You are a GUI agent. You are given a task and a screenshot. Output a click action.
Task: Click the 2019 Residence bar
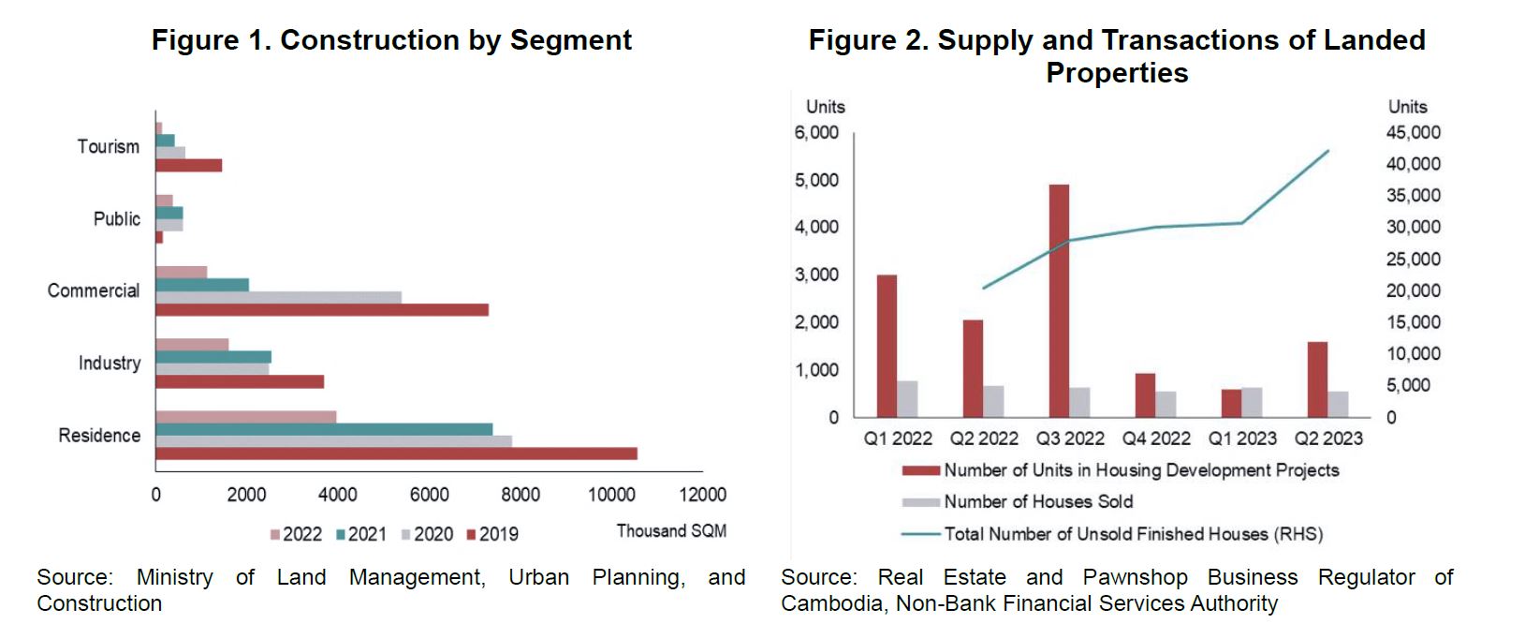tap(396, 453)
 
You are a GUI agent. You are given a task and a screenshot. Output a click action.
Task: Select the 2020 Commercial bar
tap(278, 297)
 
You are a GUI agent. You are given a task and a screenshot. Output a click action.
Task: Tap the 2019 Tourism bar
tap(188, 166)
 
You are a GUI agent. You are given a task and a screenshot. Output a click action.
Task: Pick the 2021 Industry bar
tap(213, 357)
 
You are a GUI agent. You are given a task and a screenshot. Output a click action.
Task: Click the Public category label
tap(117, 219)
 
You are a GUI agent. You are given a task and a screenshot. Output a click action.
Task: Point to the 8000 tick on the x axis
tap(520, 495)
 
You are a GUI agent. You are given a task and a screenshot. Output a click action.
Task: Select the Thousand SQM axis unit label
tap(671, 531)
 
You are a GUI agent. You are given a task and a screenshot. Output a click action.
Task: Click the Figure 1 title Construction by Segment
tap(391, 40)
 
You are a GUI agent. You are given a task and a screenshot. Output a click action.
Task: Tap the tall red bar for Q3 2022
tap(1059, 301)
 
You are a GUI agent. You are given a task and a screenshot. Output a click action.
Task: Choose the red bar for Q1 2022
tap(887, 346)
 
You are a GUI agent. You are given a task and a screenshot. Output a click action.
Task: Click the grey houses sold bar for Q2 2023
tap(1339, 404)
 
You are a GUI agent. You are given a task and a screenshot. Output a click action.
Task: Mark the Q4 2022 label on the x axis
tap(1156, 438)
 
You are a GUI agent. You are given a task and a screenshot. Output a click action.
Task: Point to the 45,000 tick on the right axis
tap(1413, 132)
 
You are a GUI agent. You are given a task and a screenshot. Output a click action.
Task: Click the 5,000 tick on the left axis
tap(816, 180)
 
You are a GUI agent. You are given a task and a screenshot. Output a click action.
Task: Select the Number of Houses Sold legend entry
tap(1037, 502)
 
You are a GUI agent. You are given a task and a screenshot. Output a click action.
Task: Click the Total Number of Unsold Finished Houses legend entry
tap(1133, 534)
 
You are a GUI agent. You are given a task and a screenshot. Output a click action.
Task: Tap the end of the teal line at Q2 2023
tap(1328, 151)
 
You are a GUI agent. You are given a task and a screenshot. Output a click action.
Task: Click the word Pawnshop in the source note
tap(1135, 577)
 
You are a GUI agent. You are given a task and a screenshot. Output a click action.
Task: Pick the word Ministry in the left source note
tap(174, 577)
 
